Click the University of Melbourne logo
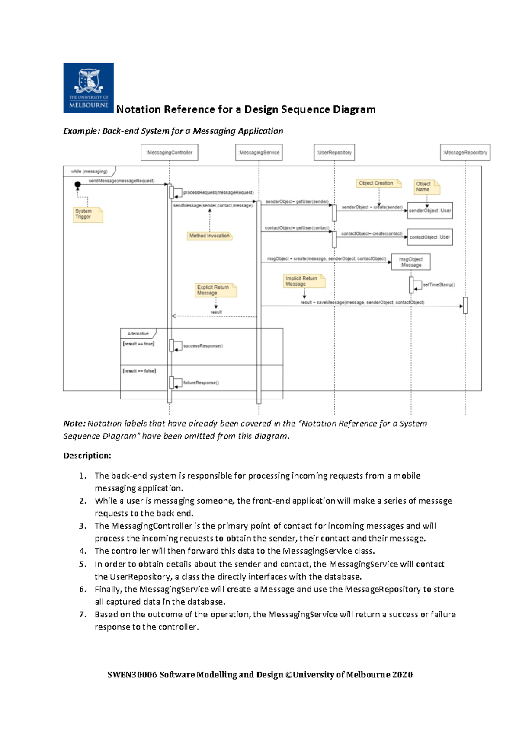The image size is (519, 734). pyautogui.click(x=88, y=88)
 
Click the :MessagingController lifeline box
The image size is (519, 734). pyautogui.click(x=170, y=153)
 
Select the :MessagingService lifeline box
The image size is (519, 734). pyautogui.click(x=259, y=153)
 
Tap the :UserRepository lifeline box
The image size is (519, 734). pyautogui.click(x=334, y=153)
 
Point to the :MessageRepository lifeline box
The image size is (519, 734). pyautogui.click(x=465, y=153)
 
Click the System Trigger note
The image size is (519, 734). pyautogui.click(x=88, y=214)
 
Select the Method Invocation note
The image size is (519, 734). pyautogui.click(x=209, y=236)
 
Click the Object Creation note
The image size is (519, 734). pyautogui.click(x=378, y=183)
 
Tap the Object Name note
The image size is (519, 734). pyautogui.click(x=426, y=187)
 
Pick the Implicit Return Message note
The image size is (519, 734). pyautogui.click(x=304, y=281)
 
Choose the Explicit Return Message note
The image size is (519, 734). pyautogui.click(x=215, y=290)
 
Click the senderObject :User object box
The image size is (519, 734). pyautogui.click(x=430, y=211)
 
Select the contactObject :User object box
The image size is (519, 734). pyautogui.click(x=430, y=237)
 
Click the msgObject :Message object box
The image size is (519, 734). pyautogui.click(x=411, y=262)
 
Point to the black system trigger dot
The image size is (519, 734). pyautogui.click(x=78, y=185)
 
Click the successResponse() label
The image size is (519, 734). pyautogui.click(x=203, y=346)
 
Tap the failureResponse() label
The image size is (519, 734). pyautogui.click(x=201, y=383)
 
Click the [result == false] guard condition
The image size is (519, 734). pyautogui.click(x=139, y=371)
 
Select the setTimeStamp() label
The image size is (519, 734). pyautogui.click(x=439, y=285)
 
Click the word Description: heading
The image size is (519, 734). pyautogui.click(x=87, y=456)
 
